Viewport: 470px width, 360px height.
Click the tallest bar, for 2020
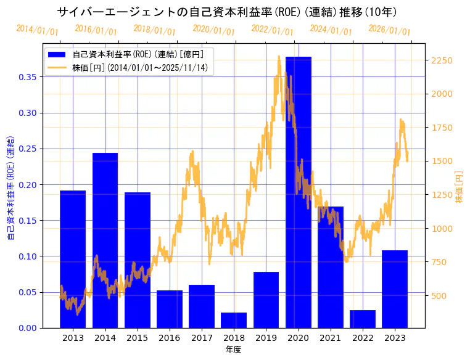(x=299, y=192)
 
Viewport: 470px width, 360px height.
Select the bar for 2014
(x=105, y=240)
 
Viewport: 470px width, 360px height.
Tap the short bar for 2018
(x=234, y=320)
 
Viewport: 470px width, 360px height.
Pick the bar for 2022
(x=363, y=319)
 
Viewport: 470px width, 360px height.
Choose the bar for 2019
(x=266, y=300)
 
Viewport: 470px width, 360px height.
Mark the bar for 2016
(x=170, y=309)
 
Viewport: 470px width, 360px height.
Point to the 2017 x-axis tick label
(x=202, y=338)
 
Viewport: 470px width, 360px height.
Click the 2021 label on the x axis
(x=331, y=338)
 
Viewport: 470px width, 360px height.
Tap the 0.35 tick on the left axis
(x=28, y=77)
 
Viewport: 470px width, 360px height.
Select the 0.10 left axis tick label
(x=28, y=256)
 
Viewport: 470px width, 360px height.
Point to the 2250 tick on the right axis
(x=442, y=60)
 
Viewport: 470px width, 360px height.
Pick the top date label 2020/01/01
(x=213, y=30)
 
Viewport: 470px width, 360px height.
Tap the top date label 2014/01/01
(x=37, y=30)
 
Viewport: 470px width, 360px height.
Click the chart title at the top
(x=227, y=12)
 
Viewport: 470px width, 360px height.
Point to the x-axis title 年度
(x=233, y=350)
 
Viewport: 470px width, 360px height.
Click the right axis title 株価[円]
(x=459, y=187)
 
